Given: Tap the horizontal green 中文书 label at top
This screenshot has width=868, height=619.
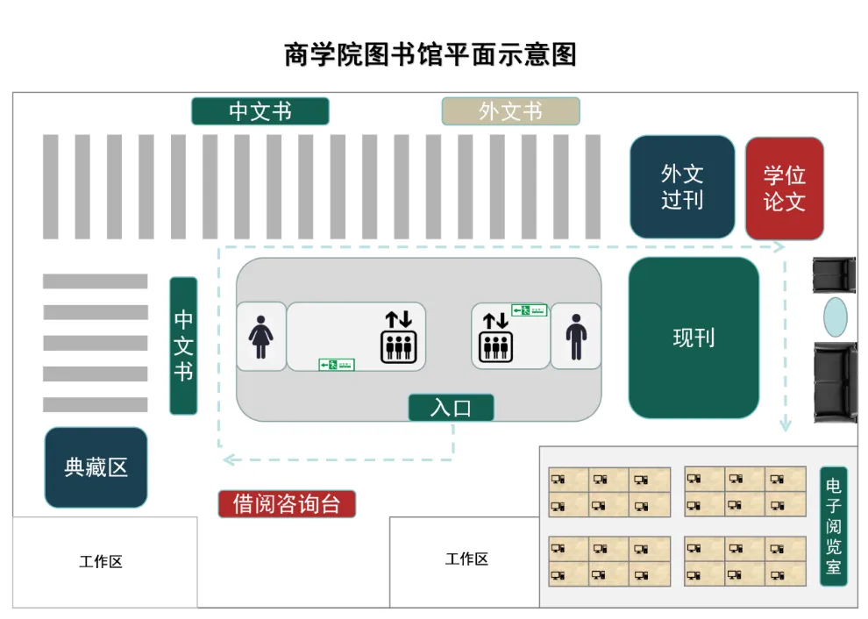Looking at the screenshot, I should click(x=260, y=111).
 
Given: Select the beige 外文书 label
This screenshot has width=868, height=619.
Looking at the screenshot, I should click(x=510, y=111).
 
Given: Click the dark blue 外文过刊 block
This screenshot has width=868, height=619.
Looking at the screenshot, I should click(x=682, y=187).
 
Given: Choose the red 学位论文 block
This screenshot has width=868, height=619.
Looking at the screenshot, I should click(x=784, y=188).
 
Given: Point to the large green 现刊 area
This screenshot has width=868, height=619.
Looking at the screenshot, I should click(x=694, y=338).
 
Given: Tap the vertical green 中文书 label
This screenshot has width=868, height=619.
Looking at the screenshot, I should click(x=183, y=345).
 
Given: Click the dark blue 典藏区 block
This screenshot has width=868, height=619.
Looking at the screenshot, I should click(x=96, y=467).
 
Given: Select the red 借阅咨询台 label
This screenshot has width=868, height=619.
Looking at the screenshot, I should click(x=287, y=504).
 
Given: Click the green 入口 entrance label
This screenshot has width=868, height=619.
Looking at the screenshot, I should click(x=451, y=408).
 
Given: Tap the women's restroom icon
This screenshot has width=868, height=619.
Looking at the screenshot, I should click(x=260, y=338).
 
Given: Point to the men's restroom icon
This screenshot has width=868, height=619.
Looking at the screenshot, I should click(x=576, y=338).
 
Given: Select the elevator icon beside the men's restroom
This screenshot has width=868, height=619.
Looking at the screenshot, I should click(x=495, y=338).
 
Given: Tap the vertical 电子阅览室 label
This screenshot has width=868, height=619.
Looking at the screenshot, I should click(x=833, y=526).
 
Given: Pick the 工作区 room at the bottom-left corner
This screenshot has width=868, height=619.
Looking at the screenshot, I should click(x=101, y=562).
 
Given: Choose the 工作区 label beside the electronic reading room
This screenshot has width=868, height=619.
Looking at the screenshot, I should click(x=466, y=559).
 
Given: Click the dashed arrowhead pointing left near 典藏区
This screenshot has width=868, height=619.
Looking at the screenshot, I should click(x=227, y=459).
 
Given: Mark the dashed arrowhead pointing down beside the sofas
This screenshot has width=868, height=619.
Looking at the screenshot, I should click(x=786, y=425).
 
